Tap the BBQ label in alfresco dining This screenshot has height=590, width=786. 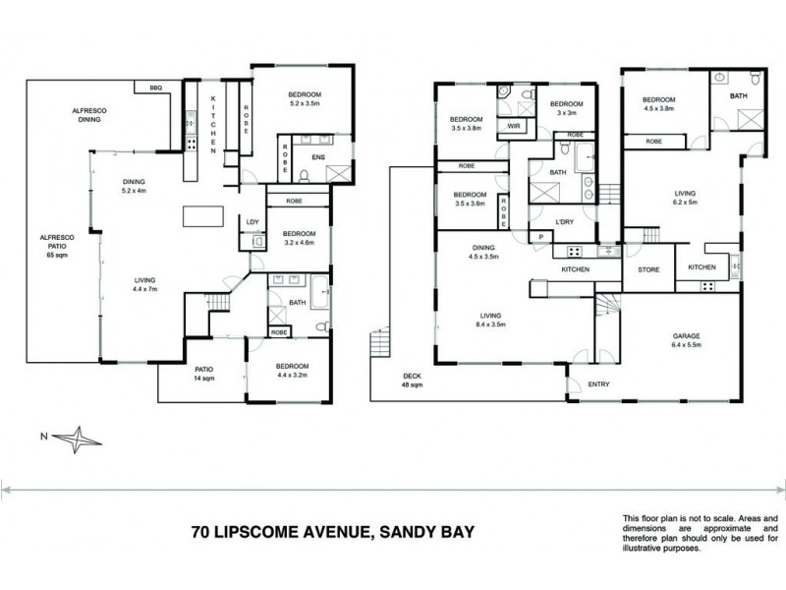[156, 88]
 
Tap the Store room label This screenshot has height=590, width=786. [647, 268]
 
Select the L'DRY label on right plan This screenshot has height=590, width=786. [564, 221]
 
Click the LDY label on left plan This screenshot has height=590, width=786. [252, 222]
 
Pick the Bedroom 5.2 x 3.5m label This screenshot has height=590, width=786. [305, 98]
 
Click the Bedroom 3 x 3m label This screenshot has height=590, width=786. [566, 109]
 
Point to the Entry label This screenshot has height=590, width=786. [598, 383]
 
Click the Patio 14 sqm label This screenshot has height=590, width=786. [203, 374]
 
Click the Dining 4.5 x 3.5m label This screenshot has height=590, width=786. [483, 253]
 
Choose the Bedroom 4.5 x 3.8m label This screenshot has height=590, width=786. [659, 104]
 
